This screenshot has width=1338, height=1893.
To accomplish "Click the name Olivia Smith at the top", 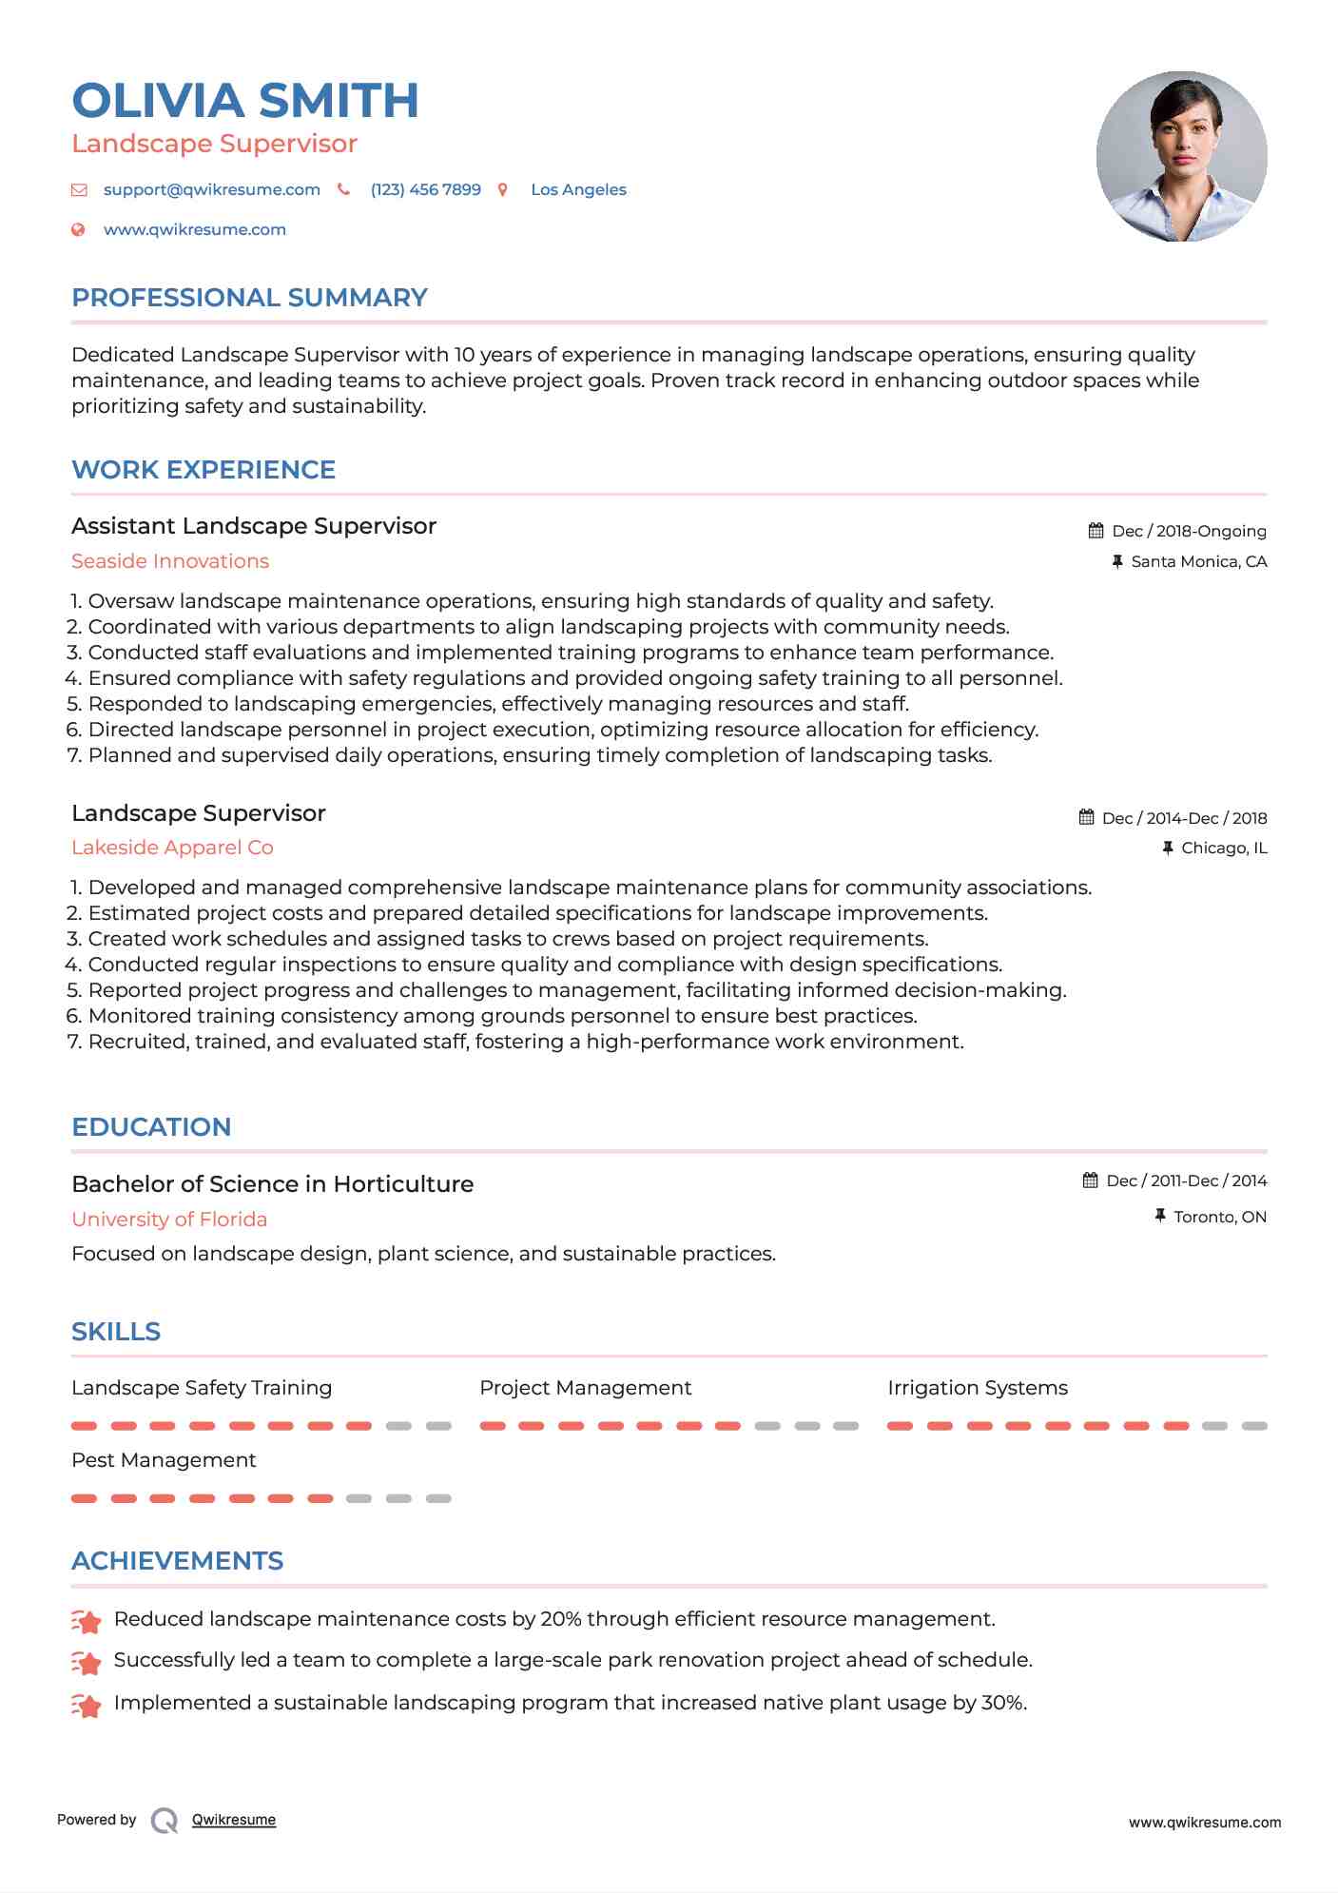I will point(245,101).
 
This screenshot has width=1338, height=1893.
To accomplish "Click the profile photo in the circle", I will point(1181,156).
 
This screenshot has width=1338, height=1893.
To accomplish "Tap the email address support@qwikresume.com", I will point(211,189).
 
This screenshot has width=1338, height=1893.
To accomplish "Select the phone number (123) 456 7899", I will point(425,189).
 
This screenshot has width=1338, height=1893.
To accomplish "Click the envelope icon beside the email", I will point(79,190).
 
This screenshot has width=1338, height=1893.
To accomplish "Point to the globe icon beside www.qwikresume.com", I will point(79,230).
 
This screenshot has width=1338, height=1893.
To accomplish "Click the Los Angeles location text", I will point(578,189).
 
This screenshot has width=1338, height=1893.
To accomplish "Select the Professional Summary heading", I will point(249,298).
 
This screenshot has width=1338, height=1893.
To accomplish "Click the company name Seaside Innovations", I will point(170,561).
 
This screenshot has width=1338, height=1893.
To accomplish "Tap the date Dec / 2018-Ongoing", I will point(1188,531).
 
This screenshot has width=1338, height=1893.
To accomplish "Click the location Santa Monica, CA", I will point(1198,561).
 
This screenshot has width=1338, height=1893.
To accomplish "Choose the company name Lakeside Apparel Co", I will point(172,848).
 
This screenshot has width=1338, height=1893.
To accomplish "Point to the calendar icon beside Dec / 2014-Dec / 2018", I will point(1086,817).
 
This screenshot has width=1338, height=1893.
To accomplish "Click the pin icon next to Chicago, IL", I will point(1168,848).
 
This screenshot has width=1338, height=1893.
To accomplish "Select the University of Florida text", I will point(169,1220).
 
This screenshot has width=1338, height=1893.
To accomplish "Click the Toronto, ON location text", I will point(1219,1217).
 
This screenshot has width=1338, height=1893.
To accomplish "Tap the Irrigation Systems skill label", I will point(977,1388).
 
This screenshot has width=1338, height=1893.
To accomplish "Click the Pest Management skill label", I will point(164,1460).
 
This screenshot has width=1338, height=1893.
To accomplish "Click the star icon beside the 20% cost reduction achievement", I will point(87,1621).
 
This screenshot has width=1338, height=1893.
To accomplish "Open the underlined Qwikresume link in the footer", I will point(234,1820).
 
